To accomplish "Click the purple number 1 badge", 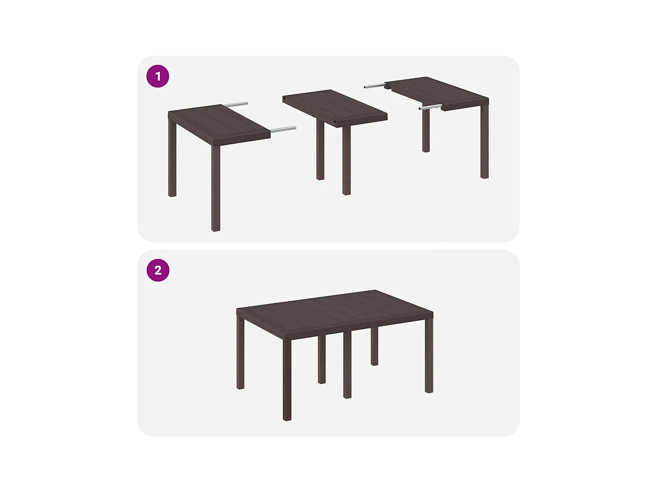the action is click(x=158, y=76).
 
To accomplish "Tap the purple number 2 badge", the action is click(x=158, y=270).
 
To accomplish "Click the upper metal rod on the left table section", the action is click(x=234, y=105).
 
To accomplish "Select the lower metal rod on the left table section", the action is click(x=283, y=130).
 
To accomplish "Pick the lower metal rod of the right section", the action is click(x=431, y=107).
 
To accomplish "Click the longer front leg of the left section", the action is click(x=216, y=188).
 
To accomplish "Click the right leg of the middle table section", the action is click(x=346, y=161).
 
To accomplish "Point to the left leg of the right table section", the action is click(x=426, y=131).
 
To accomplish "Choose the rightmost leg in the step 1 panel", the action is click(x=485, y=141).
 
